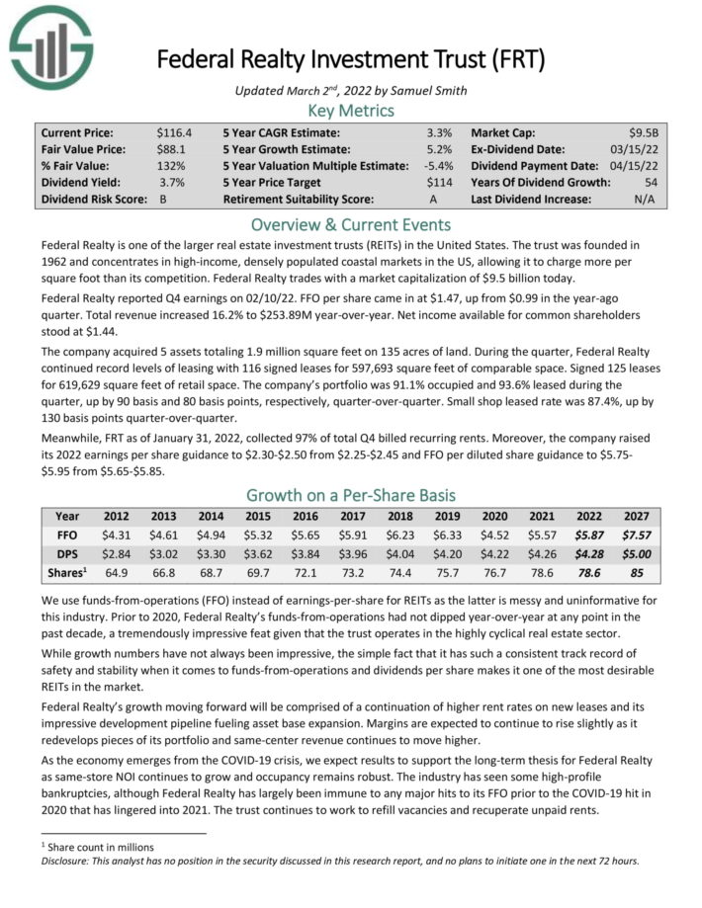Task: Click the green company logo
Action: click(51, 48)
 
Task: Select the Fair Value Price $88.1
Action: click(171, 148)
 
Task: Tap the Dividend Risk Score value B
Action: click(163, 199)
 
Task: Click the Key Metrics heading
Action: click(351, 110)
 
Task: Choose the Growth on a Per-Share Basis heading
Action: click(351, 495)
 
